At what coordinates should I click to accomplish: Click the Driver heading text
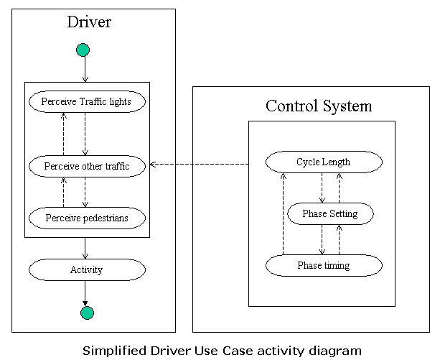pyautogui.click(x=89, y=22)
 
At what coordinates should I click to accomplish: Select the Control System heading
pyautogui.click(x=319, y=106)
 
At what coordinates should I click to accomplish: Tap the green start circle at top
pyautogui.click(x=83, y=50)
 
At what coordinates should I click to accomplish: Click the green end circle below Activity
pyautogui.click(x=87, y=312)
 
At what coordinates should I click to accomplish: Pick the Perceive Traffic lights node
pyautogui.click(x=87, y=101)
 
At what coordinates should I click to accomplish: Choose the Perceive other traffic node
pyautogui.click(x=87, y=167)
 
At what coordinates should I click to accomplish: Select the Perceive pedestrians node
pyautogui.click(x=87, y=217)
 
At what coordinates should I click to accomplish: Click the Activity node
pyautogui.click(x=87, y=270)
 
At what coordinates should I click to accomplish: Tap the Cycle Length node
pyautogui.click(x=323, y=162)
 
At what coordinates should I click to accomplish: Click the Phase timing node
pyautogui.click(x=323, y=266)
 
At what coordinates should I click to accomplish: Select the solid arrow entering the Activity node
pyautogui.click(x=85, y=248)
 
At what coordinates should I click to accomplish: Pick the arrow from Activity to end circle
pyautogui.click(x=85, y=292)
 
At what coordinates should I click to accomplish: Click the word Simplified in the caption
pyautogui.click(x=111, y=351)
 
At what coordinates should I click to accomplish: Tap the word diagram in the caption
pyautogui.click(x=337, y=351)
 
